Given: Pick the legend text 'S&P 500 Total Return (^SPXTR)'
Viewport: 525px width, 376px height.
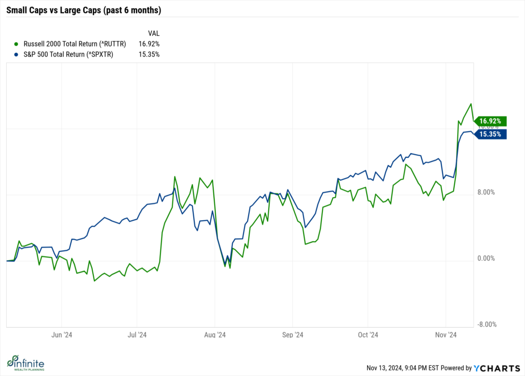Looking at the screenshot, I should tap(68, 54).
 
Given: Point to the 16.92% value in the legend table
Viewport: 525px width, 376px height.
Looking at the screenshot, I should tap(149, 44).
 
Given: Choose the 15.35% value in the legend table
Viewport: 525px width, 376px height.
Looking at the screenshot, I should tap(149, 54).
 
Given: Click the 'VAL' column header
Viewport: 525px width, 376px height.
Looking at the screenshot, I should tap(153, 33).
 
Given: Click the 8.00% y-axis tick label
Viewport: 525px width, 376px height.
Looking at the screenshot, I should tap(486, 193).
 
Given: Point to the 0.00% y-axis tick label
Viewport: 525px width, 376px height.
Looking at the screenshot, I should tap(486, 259).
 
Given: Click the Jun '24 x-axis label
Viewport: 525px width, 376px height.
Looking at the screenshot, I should tap(62, 335).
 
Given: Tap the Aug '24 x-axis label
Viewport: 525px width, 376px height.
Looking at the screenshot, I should tap(215, 335).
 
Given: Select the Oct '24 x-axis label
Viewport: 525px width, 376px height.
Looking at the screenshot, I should tap(368, 335).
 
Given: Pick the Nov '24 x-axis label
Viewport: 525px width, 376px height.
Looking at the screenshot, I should tap(446, 335).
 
